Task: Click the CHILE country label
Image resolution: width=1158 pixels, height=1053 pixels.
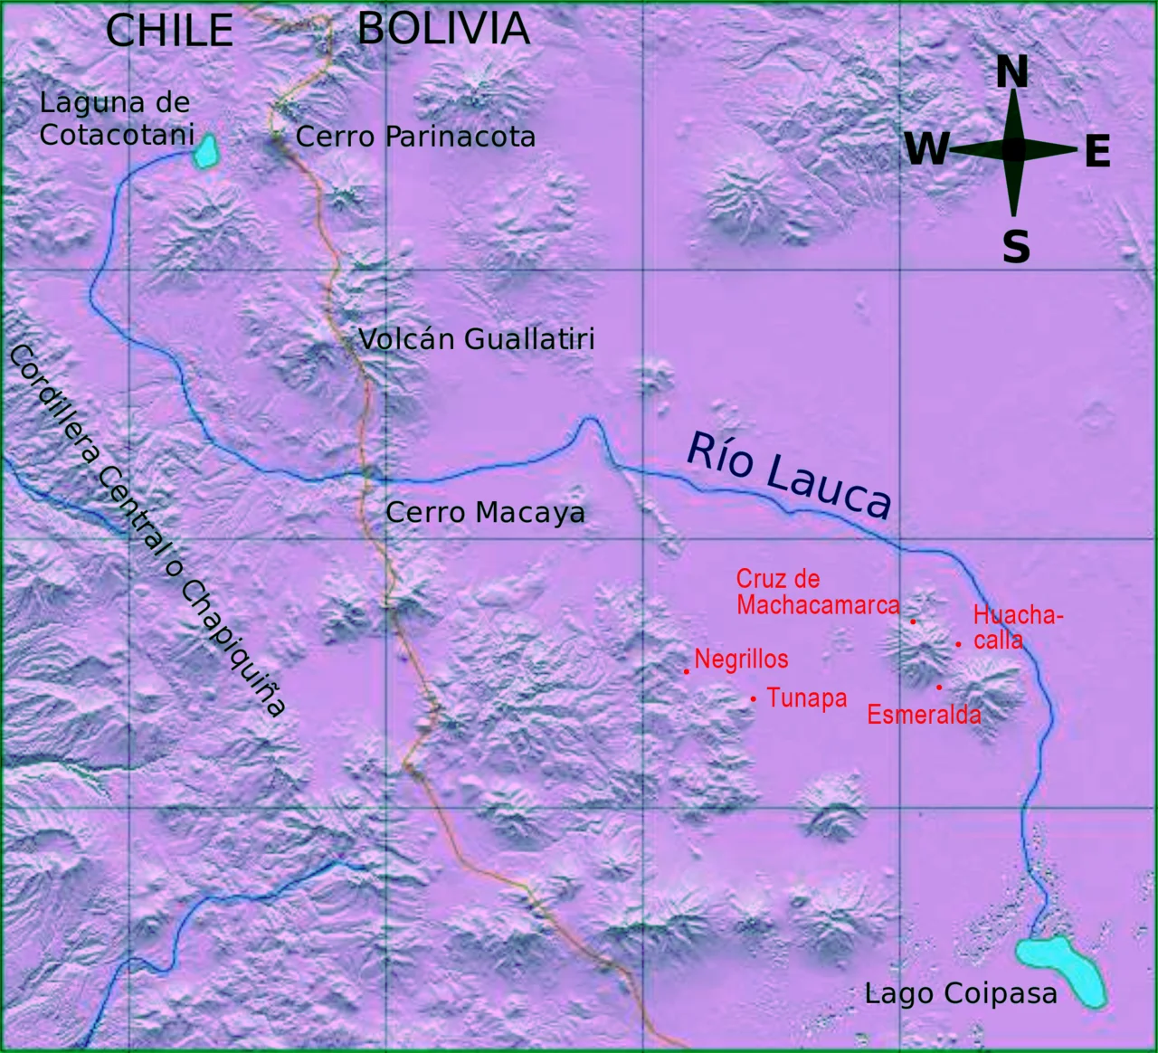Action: click(169, 31)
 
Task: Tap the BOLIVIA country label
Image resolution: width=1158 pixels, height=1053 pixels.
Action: click(443, 28)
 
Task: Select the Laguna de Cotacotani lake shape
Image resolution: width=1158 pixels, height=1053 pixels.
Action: click(207, 151)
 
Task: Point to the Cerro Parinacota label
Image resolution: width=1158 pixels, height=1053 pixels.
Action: click(415, 137)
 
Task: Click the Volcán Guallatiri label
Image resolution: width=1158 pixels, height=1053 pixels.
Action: click(477, 339)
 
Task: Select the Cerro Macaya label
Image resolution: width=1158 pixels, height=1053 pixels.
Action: click(485, 512)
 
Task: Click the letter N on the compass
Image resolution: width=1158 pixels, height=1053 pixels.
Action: click(1012, 72)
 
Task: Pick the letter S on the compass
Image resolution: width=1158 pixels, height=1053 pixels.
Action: click(1016, 246)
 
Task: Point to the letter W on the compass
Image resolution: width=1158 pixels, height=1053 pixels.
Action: click(927, 149)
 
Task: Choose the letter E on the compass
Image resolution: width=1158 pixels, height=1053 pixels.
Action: click(1096, 151)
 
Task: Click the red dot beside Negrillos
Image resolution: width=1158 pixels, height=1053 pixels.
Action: click(687, 671)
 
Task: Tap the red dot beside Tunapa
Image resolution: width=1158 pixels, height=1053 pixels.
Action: click(753, 698)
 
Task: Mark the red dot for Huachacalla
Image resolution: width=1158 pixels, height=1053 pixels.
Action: click(958, 644)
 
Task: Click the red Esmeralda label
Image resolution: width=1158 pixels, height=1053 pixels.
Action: click(924, 715)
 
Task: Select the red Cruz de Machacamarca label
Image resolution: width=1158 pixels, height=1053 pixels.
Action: click(817, 592)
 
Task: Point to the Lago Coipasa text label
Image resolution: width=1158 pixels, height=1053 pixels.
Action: click(961, 993)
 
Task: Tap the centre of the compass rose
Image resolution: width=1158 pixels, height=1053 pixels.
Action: click(1014, 150)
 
